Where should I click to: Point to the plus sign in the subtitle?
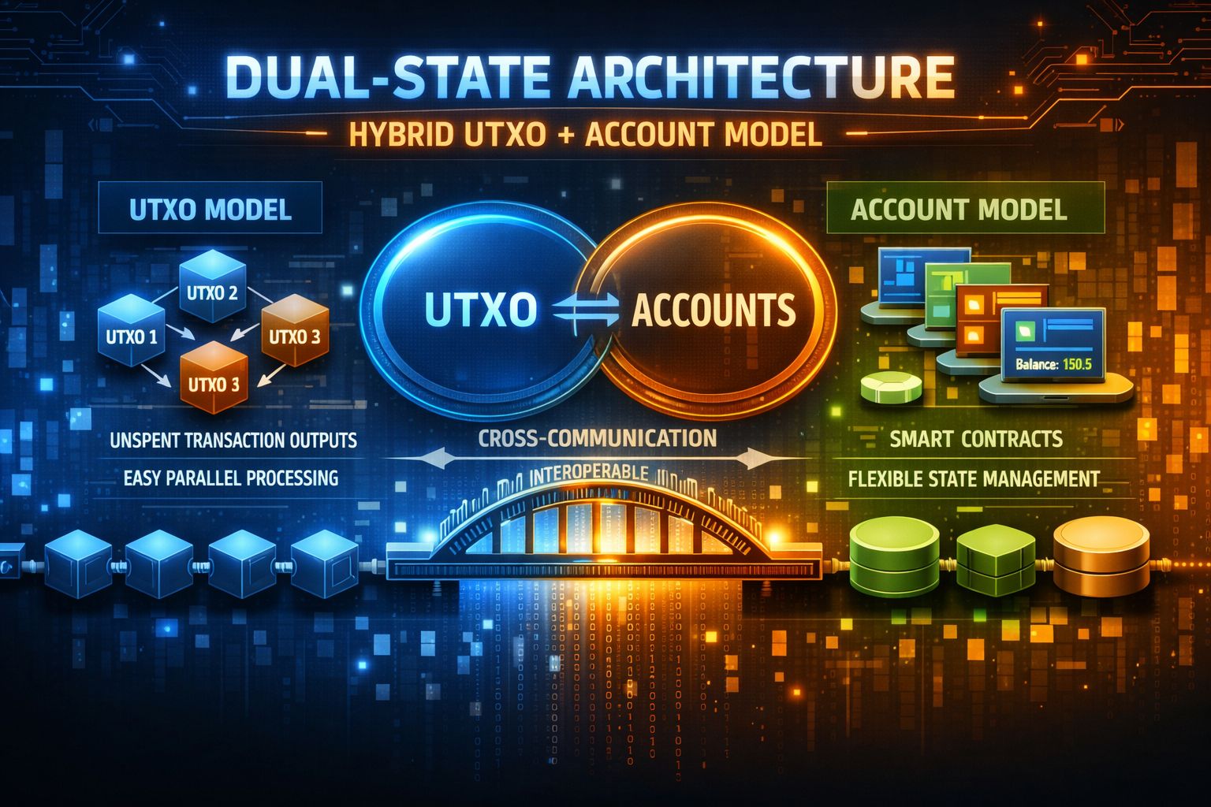coord(566,135)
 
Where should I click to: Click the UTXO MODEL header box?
coord(211,210)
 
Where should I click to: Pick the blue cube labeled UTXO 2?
coord(212,293)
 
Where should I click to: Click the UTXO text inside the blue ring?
coord(480,311)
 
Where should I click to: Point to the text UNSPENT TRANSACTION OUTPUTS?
coord(233,440)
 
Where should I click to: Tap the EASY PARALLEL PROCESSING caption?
coord(231,478)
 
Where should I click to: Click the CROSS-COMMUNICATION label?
coord(597,438)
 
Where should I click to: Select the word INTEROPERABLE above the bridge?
coord(590,474)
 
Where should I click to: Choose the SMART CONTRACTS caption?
coord(976,439)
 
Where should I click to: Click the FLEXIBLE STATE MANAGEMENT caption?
coord(974,478)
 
